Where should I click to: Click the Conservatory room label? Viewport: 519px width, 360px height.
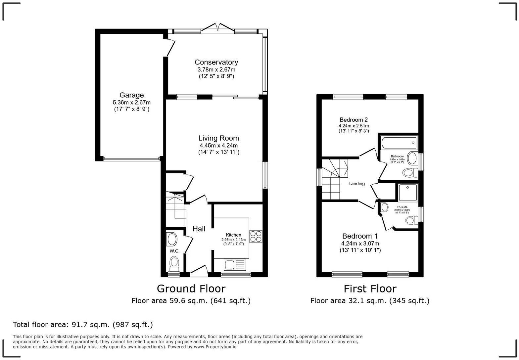(x=216, y=62)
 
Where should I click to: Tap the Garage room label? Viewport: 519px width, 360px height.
(x=131, y=95)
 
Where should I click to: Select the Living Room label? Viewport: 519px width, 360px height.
(x=218, y=138)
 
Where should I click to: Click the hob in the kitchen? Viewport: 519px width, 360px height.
(x=256, y=237)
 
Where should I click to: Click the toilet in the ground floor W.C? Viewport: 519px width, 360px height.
(x=174, y=264)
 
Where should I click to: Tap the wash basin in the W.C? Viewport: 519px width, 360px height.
(x=172, y=239)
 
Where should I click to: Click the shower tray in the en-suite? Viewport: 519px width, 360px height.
(x=408, y=193)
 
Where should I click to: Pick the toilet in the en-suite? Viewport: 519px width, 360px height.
(x=412, y=220)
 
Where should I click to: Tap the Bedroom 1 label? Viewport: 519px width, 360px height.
(x=360, y=236)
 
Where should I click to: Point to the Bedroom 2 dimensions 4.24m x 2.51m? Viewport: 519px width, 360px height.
(x=354, y=126)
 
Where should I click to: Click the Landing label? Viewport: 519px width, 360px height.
(x=356, y=184)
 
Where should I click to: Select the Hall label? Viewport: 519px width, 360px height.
(x=199, y=229)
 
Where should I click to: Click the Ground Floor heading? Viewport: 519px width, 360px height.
(x=191, y=289)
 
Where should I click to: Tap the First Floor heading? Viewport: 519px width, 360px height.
(x=370, y=289)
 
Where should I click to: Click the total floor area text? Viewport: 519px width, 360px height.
(x=83, y=325)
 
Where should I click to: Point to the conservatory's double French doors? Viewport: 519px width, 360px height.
(x=218, y=27)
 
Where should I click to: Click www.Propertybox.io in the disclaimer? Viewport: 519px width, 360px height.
(x=215, y=347)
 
